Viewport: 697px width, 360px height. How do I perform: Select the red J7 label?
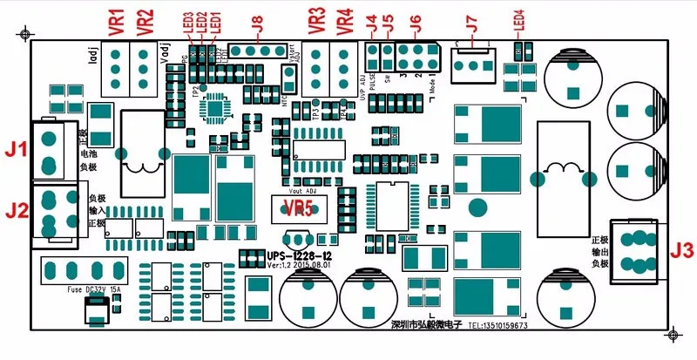(x=471, y=24)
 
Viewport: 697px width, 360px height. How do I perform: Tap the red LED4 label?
(x=520, y=21)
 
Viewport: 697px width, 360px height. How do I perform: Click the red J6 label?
(x=413, y=24)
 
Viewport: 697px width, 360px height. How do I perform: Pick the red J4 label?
(x=373, y=24)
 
